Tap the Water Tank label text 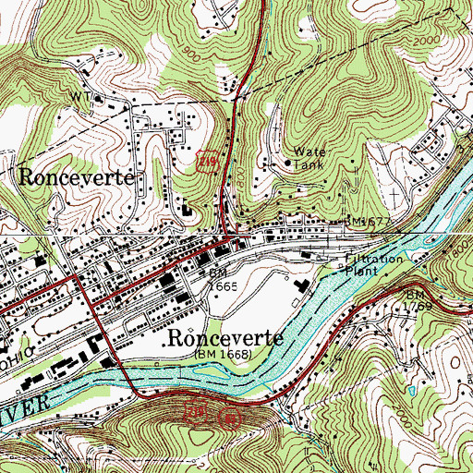(311, 157)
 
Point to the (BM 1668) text (225, 354)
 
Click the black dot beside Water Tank (287, 164)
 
